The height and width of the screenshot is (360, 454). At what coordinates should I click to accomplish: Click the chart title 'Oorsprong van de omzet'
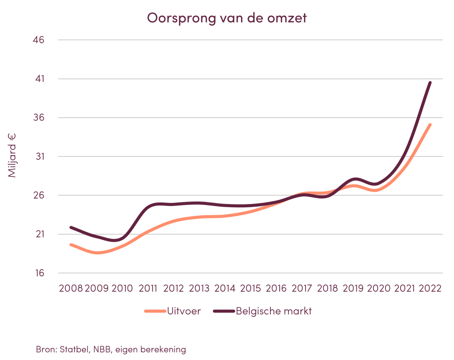227,18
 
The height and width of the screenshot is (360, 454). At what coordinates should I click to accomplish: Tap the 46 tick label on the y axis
40,40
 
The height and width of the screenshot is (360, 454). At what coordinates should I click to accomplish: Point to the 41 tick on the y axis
40,79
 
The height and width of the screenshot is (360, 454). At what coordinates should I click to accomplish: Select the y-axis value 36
40,118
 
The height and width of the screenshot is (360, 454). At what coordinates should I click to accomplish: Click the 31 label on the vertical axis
40,157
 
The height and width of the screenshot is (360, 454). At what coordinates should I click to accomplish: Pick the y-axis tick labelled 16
40,273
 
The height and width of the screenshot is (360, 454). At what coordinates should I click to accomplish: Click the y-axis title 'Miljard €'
13,155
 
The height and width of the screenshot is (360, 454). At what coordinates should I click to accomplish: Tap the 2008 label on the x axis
71,288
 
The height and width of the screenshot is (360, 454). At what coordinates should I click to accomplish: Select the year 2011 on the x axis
148,288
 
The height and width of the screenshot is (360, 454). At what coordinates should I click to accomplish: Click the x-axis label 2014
225,288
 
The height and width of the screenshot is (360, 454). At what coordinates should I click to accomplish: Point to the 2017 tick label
303,288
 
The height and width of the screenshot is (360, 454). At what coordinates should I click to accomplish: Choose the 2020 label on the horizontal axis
379,288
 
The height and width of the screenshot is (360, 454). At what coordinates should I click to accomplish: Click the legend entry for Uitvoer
183,311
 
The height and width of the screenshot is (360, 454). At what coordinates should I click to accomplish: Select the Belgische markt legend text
274,311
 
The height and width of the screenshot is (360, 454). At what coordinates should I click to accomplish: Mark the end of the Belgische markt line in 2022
430,82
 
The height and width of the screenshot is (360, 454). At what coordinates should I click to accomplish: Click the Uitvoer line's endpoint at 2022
430,124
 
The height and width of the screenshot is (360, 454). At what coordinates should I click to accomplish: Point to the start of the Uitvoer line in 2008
71,244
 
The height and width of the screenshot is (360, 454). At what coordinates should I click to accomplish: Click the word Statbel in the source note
73,349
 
